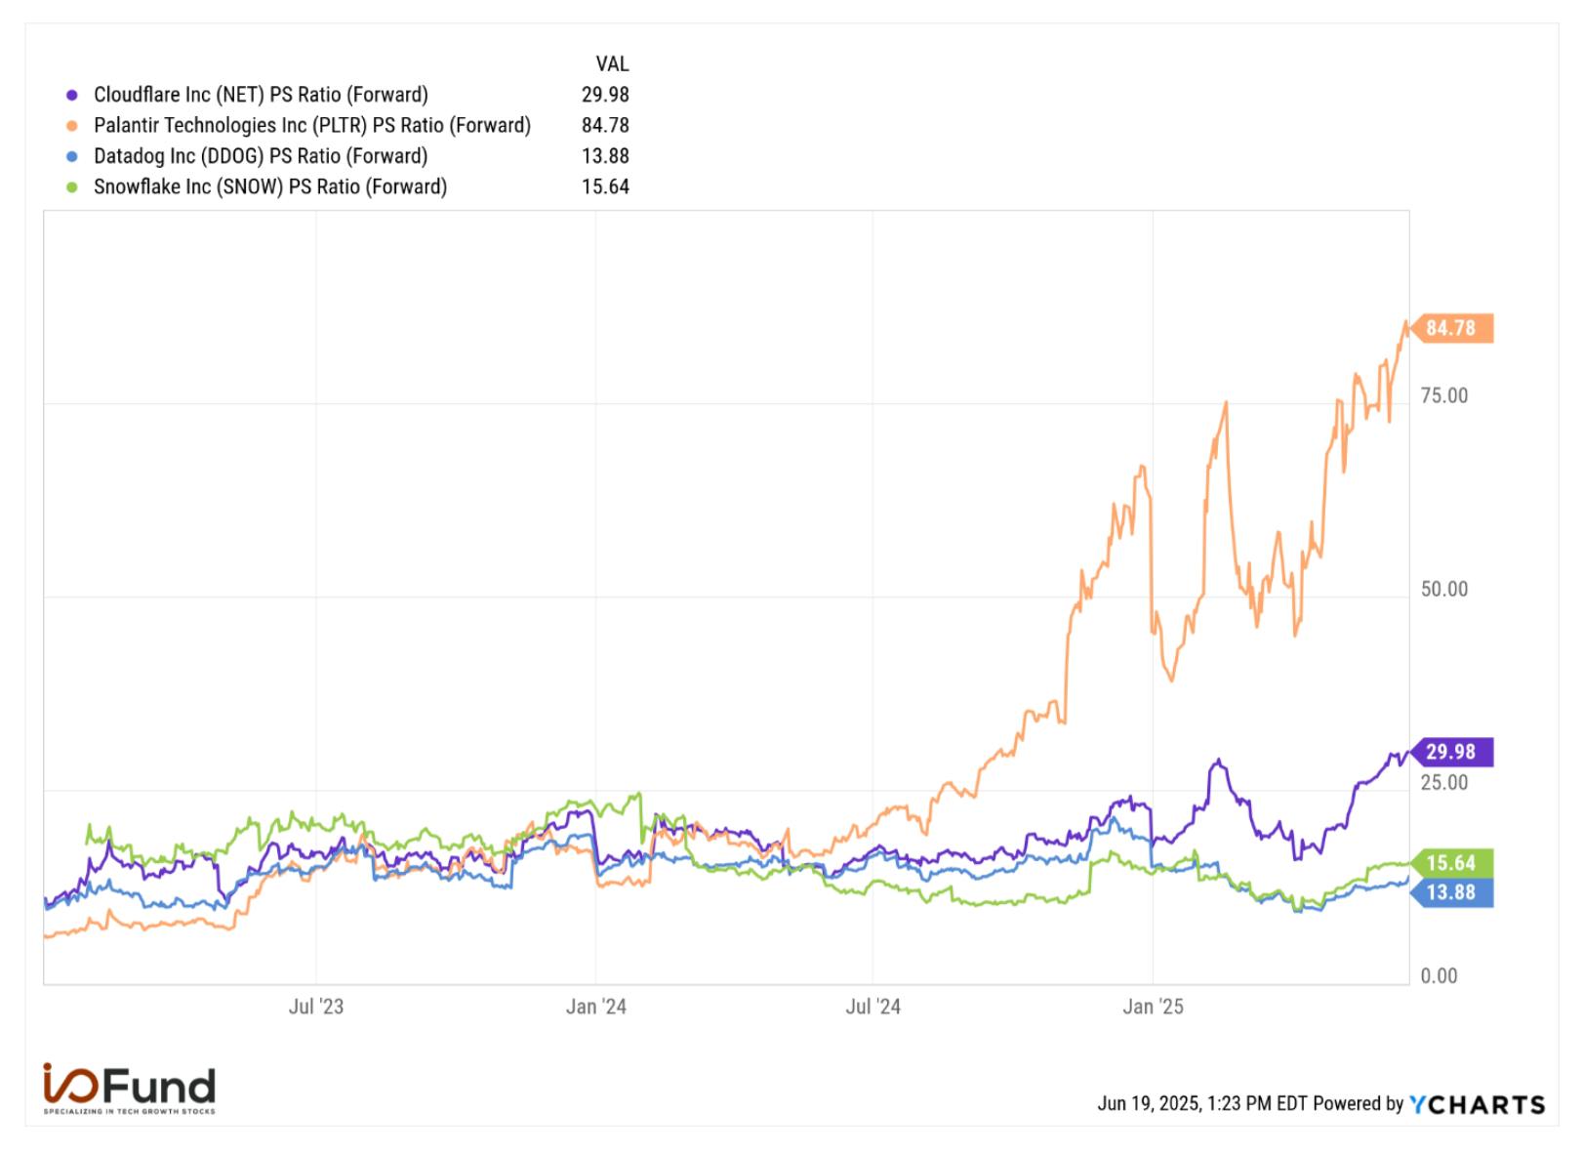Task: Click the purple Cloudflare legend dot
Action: pyautogui.click(x=71, y=95)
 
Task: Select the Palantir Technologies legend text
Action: pyautogui.click(x=312, y=126)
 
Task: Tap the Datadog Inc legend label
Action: pyautogui.click(x=261, y=156)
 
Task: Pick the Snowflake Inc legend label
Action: pyautogui.click(x=270, y=186)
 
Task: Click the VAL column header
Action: pyautogui.click(x=612, y=64)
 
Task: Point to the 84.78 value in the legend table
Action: pyautogui.click(x=605, y=126)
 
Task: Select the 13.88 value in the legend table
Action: pyautogui.click(x=605, y=156)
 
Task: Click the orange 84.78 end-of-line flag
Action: pyautogui.click(x=1451, y=329)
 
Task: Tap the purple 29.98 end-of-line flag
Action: pyautogui.click(x=1451, y=753)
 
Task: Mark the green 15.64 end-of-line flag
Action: pyautogui.click(x=1451, y=863)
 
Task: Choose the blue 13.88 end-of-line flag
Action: pyautogui.click(x=1451, y=892)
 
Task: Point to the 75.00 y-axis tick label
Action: pyautogui.click(x=1444, y=396)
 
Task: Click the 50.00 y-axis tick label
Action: pyautogui.click(x=1444, y=589)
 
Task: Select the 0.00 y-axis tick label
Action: pyautogui.click(x=1439, y=976)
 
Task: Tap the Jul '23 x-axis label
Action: pyautogui.click(x=316, y=1007)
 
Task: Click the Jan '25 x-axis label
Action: pyautogui.click(x=1154, y=1007)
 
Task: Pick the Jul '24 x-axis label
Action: pyautogui.click(x=873, y=1007)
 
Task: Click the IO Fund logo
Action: pyautogui.click(x=130, y=1089)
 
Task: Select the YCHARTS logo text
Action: pyautogui.click(x=1478, y=1104)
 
